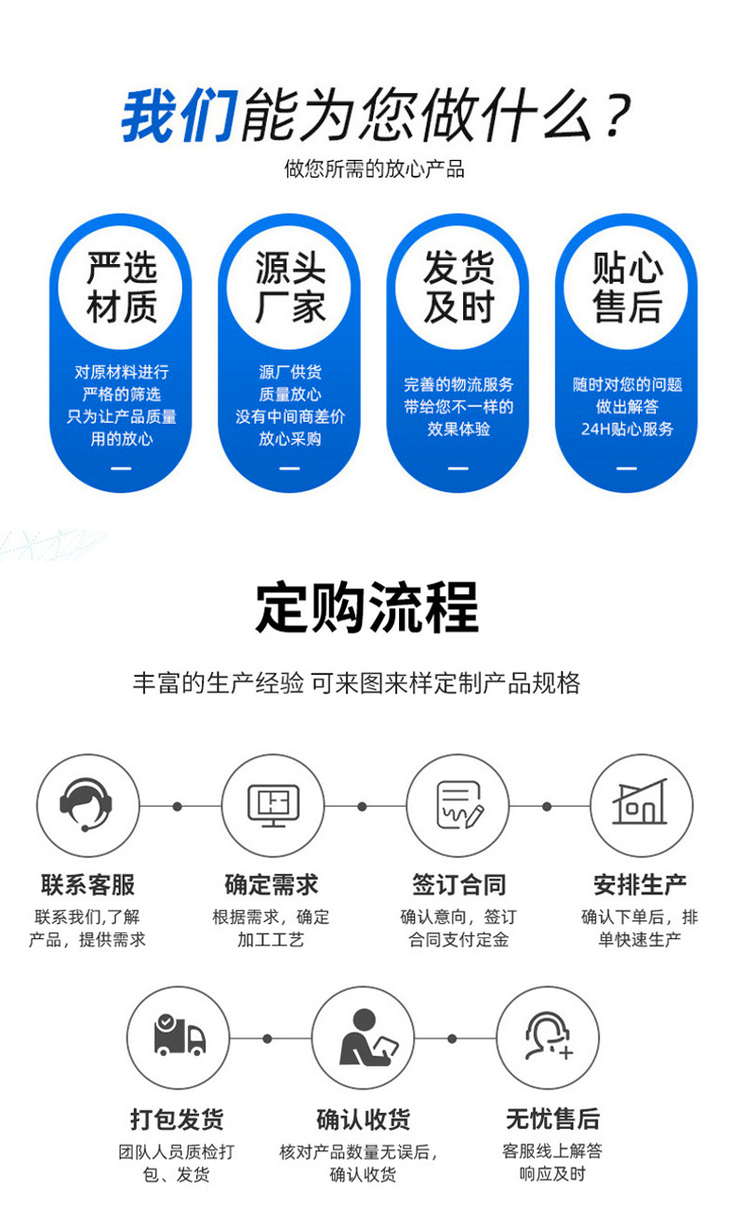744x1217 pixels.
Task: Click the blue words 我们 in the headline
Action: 179,115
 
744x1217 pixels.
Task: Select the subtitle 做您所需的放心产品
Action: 374,168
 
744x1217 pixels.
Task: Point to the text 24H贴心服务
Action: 627,430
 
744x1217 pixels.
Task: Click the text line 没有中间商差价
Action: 290,417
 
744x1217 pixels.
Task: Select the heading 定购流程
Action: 367,608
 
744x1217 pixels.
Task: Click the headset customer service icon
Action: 87,805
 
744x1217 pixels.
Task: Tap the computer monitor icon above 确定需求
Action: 272,805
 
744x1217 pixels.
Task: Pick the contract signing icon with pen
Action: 458,805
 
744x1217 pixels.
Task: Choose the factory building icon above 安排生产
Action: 642,805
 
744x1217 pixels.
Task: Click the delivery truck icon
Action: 178,1038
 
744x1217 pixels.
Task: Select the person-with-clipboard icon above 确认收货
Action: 363,1038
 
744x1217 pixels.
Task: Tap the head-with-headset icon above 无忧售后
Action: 548,1038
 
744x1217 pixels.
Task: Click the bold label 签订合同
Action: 458,883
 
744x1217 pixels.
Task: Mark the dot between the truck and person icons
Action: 268,1038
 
